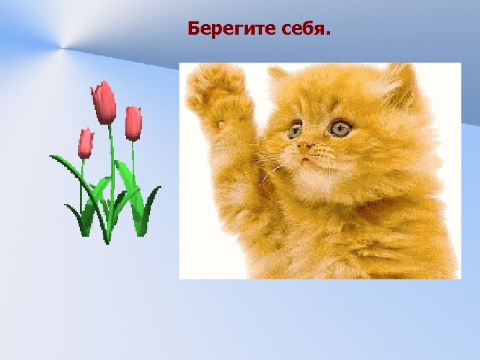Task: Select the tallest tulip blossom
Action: pyautogui.click(x=103, y=103)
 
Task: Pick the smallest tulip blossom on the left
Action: pyautogui.click(x=85, y=143)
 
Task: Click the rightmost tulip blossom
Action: pyautogui.click(x=133, y=123)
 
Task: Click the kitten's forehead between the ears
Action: pyautogui.click(x=327, y=93)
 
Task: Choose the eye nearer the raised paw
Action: pyautogui.click(x=295, y=129)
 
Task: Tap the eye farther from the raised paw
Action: pyautogui.click(x=341, y=127)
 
